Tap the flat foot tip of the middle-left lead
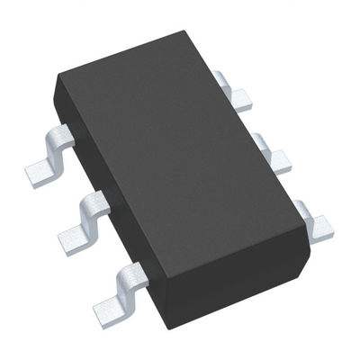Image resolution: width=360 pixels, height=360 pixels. pyautogui.click(x=74, y=238)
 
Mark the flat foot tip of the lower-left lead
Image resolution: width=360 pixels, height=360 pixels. pyautogui.click(x=110, y=303)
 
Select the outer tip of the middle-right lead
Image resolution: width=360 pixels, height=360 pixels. pyautogui.click(x=282, y=162)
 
